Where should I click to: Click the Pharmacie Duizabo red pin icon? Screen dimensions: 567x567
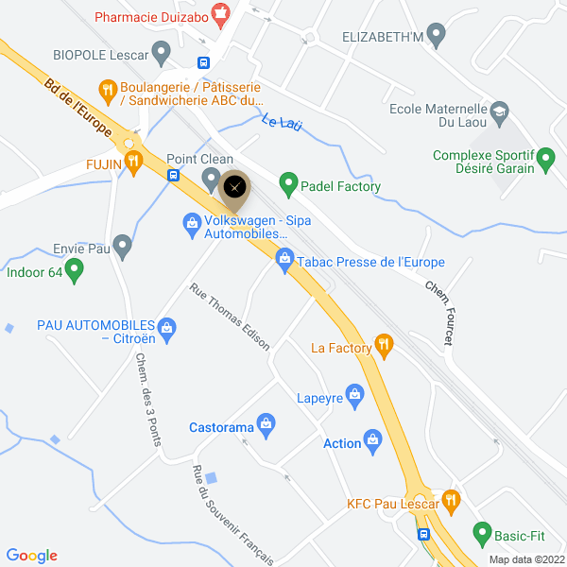coord(220,14)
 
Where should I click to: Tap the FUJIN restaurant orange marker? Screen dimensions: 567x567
coord(132,162)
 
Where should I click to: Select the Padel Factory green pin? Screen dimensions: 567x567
coord(287,185)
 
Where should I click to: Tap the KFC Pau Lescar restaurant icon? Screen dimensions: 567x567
coord(450,502)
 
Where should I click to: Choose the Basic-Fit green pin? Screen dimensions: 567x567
coord(482,535)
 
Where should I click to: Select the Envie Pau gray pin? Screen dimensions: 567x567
coord(121,248)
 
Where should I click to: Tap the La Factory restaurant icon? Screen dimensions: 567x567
coord(384,347)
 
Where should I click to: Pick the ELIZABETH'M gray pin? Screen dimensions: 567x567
coord(436,37)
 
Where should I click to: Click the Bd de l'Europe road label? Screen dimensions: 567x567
coord(77,110)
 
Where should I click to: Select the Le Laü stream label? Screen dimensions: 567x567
coord(281,123)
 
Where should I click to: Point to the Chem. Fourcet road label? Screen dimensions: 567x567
coord(439,312)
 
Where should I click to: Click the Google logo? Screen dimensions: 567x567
coord(31,556)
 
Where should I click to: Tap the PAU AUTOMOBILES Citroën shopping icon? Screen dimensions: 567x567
coord(166,329)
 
